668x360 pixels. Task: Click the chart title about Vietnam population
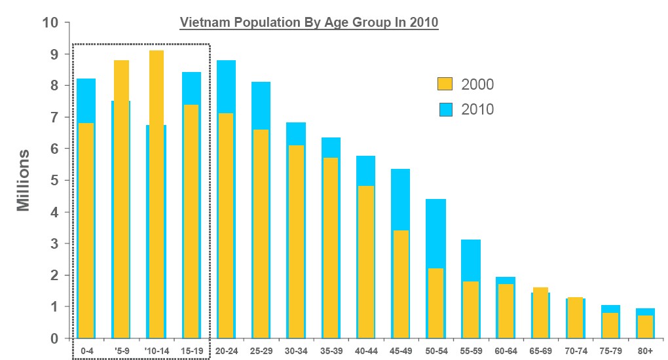point(309,22)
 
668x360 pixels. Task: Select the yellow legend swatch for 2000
point(445,84)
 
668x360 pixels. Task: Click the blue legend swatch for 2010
point(445,109)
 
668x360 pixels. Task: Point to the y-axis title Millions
point(24,180)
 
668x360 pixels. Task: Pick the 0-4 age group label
point(86,351)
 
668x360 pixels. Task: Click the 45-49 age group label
point(400,351)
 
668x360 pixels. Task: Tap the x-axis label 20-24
point(226,351)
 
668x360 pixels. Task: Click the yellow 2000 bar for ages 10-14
point(156,196)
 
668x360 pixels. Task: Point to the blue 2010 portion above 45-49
point(400,200)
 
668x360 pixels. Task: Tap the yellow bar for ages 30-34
point(296,242)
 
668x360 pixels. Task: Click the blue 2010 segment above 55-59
point(470,261)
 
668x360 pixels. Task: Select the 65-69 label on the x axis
point(540,351)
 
